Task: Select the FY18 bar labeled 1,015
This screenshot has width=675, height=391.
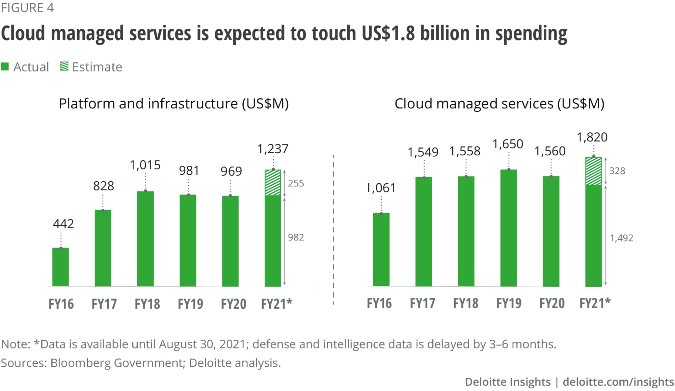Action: pos(145,239)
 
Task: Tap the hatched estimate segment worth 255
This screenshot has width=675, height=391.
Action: pos(273,183)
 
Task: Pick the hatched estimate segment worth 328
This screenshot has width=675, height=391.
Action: pos(593,171)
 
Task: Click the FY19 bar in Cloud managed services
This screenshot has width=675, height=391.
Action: pos(509,228)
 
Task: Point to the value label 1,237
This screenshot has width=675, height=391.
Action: pos(273,149)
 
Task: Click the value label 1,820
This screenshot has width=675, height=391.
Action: pos(592,137)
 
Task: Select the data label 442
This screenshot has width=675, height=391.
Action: pos(63,224)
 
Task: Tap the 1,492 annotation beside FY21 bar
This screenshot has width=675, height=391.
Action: pos(621,238)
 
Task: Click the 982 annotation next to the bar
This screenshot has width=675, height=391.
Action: pos(296,237)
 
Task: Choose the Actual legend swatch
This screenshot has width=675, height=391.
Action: pos(5,67)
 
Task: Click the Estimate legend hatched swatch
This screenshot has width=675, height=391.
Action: pos(64,66)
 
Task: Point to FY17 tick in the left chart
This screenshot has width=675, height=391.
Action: pos(104,304)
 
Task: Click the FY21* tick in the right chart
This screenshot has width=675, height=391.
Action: pos(595,303)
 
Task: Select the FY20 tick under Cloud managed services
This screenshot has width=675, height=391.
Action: pos(552,303)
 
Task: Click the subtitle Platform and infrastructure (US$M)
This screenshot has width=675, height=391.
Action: pos(173,104)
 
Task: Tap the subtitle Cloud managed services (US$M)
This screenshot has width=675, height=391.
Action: pos(499,104)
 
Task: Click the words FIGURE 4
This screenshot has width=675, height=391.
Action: pos(27,8)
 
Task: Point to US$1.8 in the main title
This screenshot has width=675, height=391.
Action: pos(388,33)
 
